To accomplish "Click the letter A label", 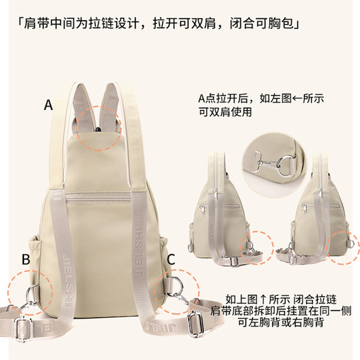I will (48, 105).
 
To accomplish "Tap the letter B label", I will (25, 259).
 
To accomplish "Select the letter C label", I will (171, 259).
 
